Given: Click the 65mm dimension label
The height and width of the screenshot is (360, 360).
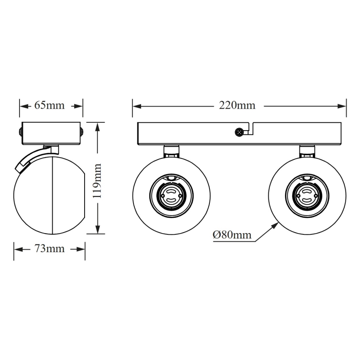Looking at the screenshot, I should (49, 105).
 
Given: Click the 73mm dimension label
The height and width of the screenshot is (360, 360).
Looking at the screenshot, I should (49, 249).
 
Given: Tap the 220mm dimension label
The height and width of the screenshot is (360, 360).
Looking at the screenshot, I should (237, 105).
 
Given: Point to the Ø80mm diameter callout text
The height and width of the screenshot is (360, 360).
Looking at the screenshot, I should (232, 235).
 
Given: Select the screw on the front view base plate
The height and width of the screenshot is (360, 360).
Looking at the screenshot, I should (239, 132).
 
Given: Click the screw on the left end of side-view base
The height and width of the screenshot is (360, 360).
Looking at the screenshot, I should (19, 132).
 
